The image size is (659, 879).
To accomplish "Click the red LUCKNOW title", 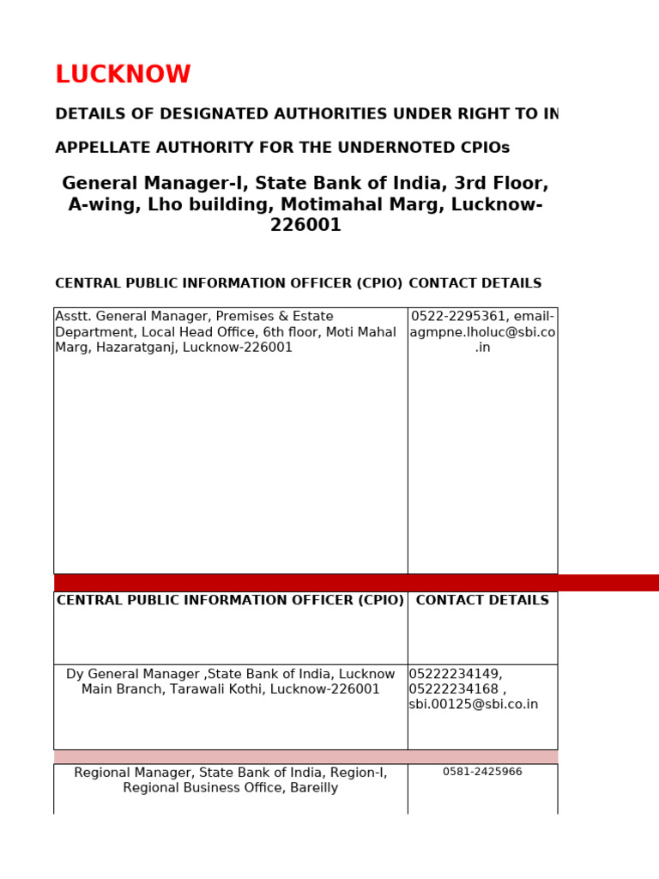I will pyautogui.click(x=123, y=76).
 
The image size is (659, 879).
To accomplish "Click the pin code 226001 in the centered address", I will pyautogui.click(x=305, y=226).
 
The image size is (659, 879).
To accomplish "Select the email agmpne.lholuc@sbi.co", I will pyautogui.click(x=482, y=332).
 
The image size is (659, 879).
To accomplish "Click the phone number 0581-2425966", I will pyautogui.click(x=482, y=772).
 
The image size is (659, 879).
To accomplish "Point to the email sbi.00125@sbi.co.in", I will pyautogui.click(x=474, y=705).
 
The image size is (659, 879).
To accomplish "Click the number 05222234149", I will pyautogui.click(x=455, y=675).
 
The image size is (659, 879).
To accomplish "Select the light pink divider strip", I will pyautogui.click(x=305, y=757).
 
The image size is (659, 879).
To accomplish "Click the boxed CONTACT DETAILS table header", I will pyautogui.click(x=482, y=601).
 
